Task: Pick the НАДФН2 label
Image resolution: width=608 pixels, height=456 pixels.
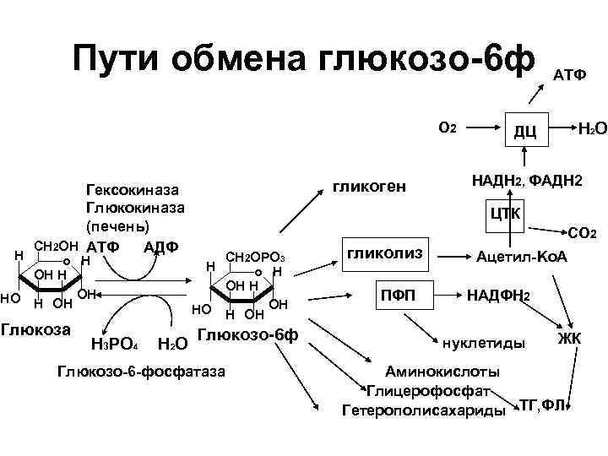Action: click(498, 296)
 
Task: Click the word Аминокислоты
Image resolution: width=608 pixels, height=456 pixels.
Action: click(442, 372)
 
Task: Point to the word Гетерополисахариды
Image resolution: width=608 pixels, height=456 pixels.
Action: click(423, 410)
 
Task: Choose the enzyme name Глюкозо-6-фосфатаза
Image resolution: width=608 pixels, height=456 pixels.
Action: click(140, 370)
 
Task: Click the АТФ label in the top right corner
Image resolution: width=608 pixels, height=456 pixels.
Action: click(570, 74)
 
